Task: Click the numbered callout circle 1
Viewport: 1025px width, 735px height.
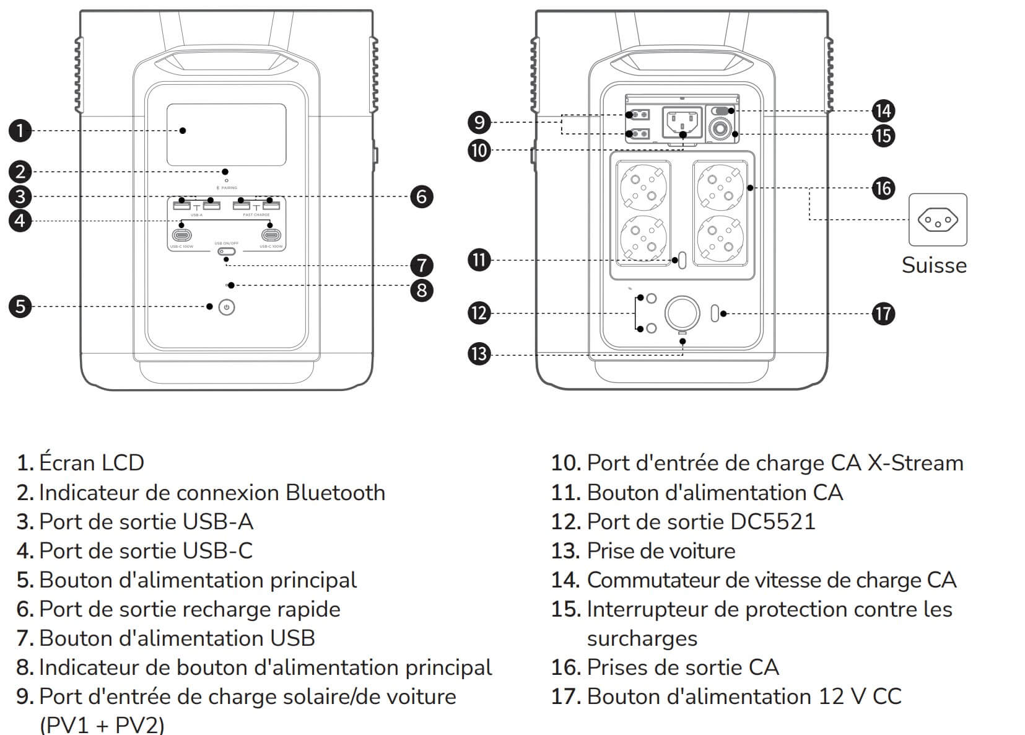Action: (20, 131)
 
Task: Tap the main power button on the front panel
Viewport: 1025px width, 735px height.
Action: (227, 307)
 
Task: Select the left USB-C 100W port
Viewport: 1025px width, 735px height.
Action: (182, 235)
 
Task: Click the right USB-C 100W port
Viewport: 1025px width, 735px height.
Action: (271, 235)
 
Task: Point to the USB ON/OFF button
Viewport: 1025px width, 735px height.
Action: (226, 252)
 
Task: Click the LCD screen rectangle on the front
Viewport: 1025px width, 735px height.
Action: (226, 134)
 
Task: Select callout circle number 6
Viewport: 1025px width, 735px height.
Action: (422, 196)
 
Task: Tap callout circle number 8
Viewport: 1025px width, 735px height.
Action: (422, 290)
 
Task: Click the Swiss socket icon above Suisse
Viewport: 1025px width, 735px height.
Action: (937, 220)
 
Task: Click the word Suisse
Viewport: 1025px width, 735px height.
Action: (934, 265)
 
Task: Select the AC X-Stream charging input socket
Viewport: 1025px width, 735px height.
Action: (682, 123)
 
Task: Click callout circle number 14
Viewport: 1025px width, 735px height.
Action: (883, 111)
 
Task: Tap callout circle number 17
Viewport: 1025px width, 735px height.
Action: (883, 314)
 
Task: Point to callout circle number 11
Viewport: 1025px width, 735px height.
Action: (479, 260)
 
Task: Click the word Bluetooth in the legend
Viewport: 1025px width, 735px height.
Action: (335, 493)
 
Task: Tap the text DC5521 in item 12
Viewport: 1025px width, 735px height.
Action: (773, 522)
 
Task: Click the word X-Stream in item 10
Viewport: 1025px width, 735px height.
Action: (915, 463)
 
